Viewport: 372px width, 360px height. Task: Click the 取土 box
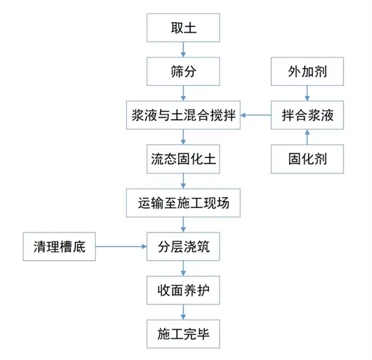tap(184, 30)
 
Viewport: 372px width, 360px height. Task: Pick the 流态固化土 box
tap(184, 159)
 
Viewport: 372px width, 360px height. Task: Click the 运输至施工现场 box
tap(184, 203)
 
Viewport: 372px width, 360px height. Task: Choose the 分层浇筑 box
tap(184, 247)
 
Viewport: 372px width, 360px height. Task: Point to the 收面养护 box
tap(184, 291)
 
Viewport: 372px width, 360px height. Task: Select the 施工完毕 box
tap(184, 334)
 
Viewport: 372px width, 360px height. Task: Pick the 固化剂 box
tap(307, 159)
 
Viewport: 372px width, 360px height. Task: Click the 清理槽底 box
tap(60, 247)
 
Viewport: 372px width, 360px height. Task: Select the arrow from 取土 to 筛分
tap(184, 50)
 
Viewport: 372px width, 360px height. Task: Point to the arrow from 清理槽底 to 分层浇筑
tap(121, 247)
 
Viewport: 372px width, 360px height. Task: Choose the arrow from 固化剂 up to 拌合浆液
tap(307, 137)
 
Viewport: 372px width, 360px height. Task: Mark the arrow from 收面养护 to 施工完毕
tap(184, 312)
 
